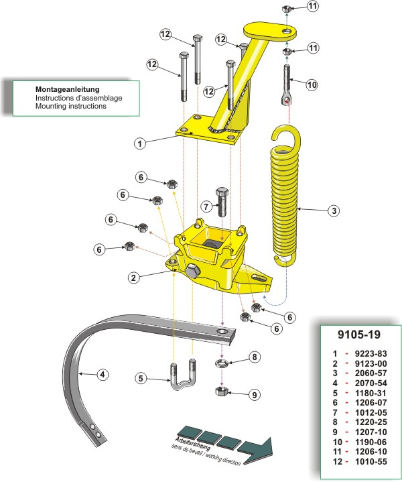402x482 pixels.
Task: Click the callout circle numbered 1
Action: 139,143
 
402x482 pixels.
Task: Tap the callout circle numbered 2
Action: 134,276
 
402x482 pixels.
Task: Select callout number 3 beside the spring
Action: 333,210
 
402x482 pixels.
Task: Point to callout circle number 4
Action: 103,374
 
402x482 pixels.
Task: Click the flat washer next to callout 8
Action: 222,363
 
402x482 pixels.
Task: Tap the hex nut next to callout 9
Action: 222,391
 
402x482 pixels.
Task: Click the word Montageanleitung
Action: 68,89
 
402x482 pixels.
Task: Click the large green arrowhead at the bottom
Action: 258,448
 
